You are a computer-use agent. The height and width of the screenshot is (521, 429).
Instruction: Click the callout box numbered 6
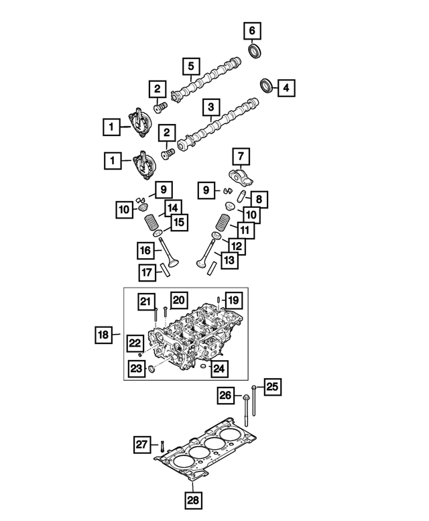tap(252, 30)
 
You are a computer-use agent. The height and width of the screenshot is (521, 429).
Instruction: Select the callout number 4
tap(286, 87)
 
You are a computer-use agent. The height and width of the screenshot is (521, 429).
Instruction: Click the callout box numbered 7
tap(241, 158)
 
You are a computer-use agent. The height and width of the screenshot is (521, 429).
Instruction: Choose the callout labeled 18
tap(103, 334)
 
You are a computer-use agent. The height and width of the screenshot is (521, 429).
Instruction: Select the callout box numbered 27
tap(141, 444)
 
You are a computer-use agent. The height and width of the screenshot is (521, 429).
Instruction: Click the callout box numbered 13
tap(229, 260)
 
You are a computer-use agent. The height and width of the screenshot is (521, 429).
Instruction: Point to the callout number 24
tap(218, 367)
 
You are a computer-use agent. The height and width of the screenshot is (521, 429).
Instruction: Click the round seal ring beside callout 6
tap(255, 50)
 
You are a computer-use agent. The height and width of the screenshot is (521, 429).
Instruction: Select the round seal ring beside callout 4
tap(267, 86)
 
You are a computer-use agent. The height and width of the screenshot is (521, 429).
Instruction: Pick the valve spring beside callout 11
tap(224, 223)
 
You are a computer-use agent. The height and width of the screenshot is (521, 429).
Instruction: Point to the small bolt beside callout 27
tap(162, 444)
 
